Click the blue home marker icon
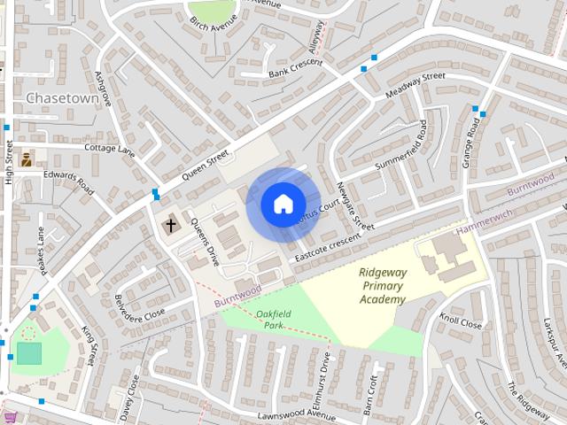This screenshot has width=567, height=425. point(283,204)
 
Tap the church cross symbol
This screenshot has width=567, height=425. point(170,226)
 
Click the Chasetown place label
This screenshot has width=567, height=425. point(62,98)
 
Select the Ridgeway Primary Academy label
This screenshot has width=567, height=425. point(383,286)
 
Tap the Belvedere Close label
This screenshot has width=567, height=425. point(140,306)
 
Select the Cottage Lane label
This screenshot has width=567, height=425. point(109,150)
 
